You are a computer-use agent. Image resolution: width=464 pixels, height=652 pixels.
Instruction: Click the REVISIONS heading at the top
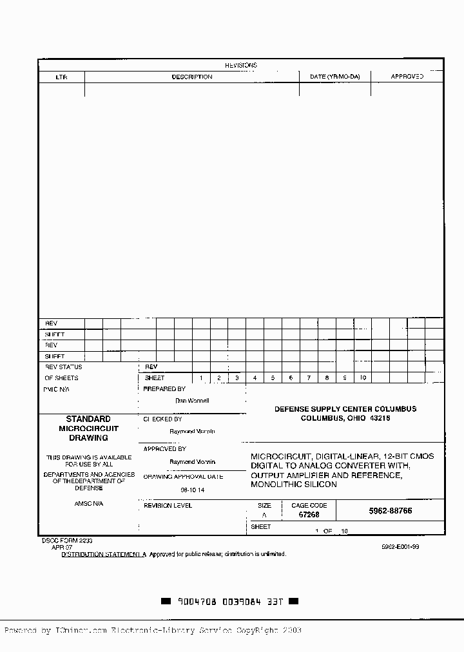point(240,65)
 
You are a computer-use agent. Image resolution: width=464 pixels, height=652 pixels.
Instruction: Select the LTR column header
point(61,77)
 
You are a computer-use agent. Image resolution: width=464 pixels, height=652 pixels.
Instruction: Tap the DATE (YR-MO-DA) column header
point(334,77)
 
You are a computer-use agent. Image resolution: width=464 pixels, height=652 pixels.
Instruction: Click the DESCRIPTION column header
point(191,77)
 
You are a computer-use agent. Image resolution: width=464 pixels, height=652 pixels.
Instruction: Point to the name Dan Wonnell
point(192,401)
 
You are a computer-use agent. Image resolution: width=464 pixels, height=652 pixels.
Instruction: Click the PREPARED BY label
point(164,389)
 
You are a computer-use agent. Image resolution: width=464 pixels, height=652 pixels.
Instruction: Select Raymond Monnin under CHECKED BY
point(192,431)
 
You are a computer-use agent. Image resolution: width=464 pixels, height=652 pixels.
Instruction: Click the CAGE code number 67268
point(309,515)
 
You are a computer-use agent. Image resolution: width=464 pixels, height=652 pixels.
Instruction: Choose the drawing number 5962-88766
point(390,510)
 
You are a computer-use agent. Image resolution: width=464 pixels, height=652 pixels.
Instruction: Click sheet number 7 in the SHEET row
point(309,378)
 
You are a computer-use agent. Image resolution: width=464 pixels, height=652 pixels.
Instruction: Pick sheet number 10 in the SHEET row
point(363,378)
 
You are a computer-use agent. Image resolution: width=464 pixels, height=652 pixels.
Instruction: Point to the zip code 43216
point(380,418)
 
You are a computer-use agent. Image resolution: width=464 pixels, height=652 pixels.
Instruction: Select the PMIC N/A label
point(57,389)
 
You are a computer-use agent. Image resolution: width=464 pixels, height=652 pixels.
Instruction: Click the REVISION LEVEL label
point(168,506)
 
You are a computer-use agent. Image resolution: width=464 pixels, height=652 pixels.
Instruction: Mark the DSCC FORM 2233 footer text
point(63,541)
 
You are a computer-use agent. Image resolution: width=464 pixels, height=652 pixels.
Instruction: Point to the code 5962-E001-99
point(400,546)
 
